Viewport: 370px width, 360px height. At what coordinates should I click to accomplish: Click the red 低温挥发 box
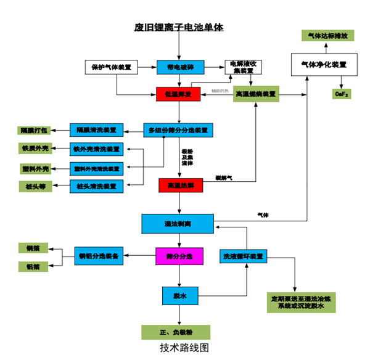click(x=178, y=94)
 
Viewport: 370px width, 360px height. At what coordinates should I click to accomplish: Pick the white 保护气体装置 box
click(x=111, y=67)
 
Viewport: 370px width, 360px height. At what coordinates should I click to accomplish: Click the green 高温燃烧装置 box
click(x=255, y=94)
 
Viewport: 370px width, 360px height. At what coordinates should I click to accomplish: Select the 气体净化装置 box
click(x=323, y=65)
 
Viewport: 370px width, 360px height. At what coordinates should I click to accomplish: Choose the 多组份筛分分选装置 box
click(x=178, y=130)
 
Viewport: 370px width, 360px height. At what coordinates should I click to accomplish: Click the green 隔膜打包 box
click(x=33, y=130)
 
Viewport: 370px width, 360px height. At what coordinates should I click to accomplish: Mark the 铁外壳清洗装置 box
click(x=96, y=149)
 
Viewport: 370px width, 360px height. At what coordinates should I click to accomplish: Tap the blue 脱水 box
click(x=178, y=296)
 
